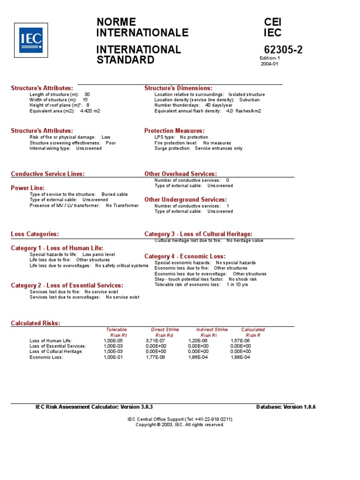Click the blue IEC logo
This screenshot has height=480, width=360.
(x=31, y=40)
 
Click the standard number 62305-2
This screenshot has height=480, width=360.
(x=283, y=50)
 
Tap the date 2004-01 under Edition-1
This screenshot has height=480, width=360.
(x=270, y=64)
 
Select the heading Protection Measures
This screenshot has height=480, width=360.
(x=174, y=131)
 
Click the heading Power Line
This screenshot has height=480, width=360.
(x=28, y=188)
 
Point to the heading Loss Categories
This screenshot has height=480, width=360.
(x=35, y=234)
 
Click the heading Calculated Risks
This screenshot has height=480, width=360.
(x=36, y=323)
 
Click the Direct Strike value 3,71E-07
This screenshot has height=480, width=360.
(x=156, y=341)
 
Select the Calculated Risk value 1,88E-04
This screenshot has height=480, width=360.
(x=240, y=357)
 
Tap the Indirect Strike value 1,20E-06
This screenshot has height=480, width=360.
(x=198, y=341)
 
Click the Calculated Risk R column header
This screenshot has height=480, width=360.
(x=253, y=332)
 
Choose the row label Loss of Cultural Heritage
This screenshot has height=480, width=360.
(x=56, y=352)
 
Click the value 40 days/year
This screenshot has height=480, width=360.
(x=219, y=105)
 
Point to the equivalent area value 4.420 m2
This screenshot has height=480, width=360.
(x=90, y=111)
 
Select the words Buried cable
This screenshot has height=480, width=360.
(x=114, y=194)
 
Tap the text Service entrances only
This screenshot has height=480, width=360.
(x=219, y=148)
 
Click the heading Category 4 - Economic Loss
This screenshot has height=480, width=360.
(x=185, y=256)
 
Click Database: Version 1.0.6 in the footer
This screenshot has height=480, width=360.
(x=286, y=407)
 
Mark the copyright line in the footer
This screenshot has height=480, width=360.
(x=180, y=425)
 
